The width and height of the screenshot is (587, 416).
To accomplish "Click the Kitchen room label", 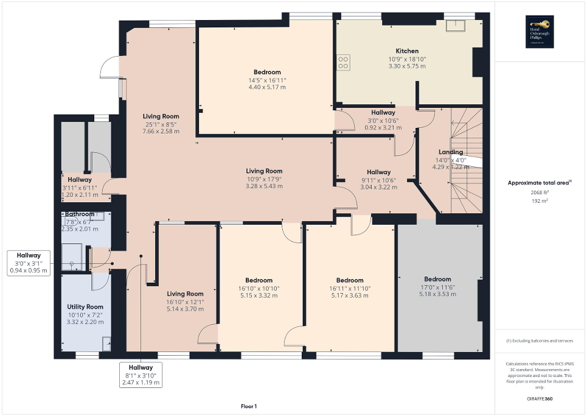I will (x=407, y=51).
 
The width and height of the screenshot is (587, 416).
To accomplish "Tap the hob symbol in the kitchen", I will (x=343, y=62).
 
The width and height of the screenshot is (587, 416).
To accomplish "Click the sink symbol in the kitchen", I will (x=454, y=25).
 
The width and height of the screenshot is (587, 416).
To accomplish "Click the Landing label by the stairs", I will (x=451, y=152).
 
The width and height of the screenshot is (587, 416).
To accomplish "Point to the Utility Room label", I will (x=85, y=307).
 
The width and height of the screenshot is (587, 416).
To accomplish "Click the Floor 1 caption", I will (x=248, y=406).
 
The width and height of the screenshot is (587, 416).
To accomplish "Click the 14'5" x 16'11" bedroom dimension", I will (x=266, y=80).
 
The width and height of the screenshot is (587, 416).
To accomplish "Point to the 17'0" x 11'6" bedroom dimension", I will (x=437, y=287).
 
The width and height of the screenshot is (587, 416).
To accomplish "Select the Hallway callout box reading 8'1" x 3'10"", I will (x=141, y=375).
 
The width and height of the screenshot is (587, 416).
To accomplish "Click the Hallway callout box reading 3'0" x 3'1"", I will (x=29, y=263).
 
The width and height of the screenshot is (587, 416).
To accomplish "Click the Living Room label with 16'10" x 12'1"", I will (x=185, y=294).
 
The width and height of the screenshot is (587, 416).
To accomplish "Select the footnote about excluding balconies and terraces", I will (x=541, y=340).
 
